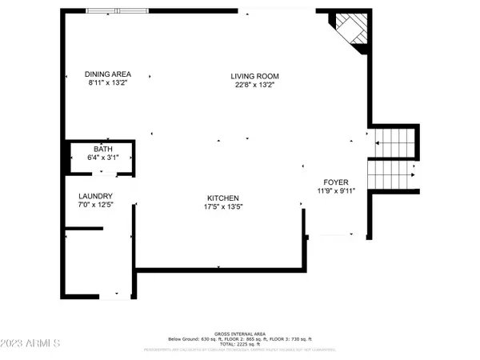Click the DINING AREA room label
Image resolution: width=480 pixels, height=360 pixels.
(x=109, y=74)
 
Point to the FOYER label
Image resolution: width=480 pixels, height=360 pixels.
(x=335, y=182)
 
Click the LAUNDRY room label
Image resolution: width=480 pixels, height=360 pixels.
(x=95, y=197)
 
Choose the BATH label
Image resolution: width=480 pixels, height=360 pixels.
(x=103, y=149)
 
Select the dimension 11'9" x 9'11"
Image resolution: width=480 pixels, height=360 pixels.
(x=335, y=190)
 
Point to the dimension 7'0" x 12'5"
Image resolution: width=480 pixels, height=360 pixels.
(x=95, y=206)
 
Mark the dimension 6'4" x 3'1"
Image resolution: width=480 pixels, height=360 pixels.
(x=103, y=158)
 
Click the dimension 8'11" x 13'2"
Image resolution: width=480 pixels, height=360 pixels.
(x=109, y=83)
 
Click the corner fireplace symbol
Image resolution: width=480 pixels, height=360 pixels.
(x=353, y=31)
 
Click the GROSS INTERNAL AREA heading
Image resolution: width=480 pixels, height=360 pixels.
(x=240, y=334)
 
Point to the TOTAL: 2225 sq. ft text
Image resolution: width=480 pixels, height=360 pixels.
(x=240, y=344)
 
